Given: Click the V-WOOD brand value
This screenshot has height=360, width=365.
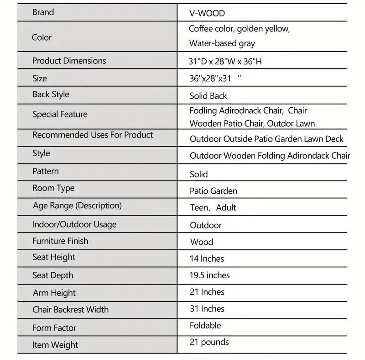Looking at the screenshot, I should pos(207,14).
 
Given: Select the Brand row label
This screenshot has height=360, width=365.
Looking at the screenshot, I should pos(43,12).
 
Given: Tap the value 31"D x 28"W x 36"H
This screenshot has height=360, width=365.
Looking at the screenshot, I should pos(225,62).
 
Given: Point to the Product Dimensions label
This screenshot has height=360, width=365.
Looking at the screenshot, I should pos(69,61).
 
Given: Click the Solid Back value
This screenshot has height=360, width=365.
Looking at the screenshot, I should pos(208,96).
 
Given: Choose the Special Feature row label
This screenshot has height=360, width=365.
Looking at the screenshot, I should pos(60,114).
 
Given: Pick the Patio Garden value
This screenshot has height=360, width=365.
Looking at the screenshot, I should pos(213,191).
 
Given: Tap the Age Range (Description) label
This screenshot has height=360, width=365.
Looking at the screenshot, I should pos(77,206).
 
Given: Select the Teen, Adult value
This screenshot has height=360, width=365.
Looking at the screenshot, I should pos(213,208).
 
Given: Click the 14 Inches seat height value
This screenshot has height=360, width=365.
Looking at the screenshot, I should pos(207,259).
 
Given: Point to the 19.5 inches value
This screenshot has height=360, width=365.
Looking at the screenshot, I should pos(209,275).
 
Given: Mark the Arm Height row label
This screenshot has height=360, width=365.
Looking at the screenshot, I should pos(54,293).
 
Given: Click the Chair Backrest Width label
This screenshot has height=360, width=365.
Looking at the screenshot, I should pos(70,310).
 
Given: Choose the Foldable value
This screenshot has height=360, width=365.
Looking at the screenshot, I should pos(205,326).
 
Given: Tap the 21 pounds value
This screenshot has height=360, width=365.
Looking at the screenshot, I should pos(209,342).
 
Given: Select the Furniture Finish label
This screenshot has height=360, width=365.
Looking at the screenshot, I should pos(60,241).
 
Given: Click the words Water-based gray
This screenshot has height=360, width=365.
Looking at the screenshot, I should pos(222,44).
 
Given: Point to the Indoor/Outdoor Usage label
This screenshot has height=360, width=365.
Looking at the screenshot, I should pos(74,224).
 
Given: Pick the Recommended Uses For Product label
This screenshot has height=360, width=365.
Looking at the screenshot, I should pos(93,135).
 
